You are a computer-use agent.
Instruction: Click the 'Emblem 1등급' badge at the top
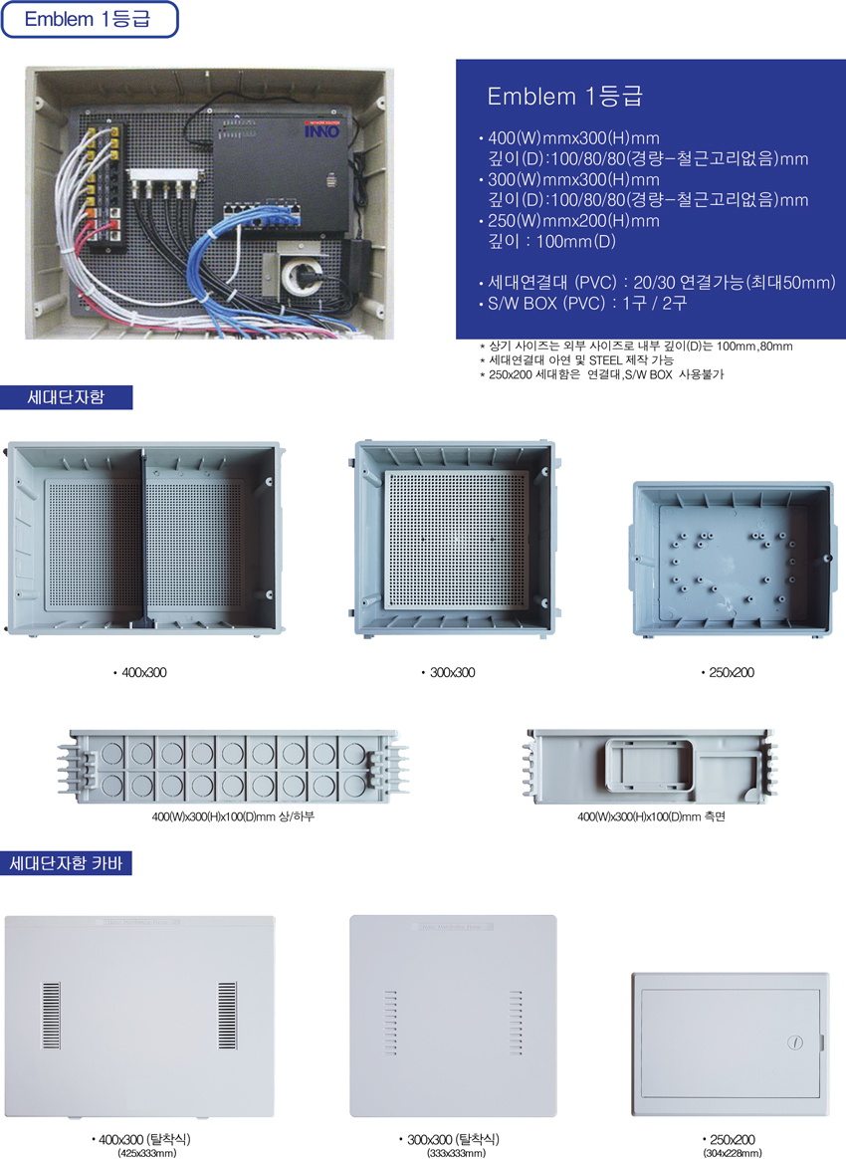point(90,19)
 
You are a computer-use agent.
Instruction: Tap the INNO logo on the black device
point(322,130)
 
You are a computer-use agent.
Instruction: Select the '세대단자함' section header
point(67,397)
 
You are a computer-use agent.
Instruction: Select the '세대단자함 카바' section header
point(66,862)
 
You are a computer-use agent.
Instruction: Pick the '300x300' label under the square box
point(449,673)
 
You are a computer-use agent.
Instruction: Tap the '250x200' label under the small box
point(728,673)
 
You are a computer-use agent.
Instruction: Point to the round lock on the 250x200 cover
point(795,1043)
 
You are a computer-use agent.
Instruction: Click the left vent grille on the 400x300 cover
point(51,1015)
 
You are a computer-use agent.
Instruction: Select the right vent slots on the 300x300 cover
point(516,1023)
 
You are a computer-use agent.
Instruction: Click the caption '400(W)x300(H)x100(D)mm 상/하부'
point(233,816)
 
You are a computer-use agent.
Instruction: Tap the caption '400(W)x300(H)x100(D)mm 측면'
point(651,816)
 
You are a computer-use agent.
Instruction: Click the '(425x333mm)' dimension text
point(147,1153)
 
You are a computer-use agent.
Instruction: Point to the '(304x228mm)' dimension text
point(733,1153)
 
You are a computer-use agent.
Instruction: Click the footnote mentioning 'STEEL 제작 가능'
point(576,360)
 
